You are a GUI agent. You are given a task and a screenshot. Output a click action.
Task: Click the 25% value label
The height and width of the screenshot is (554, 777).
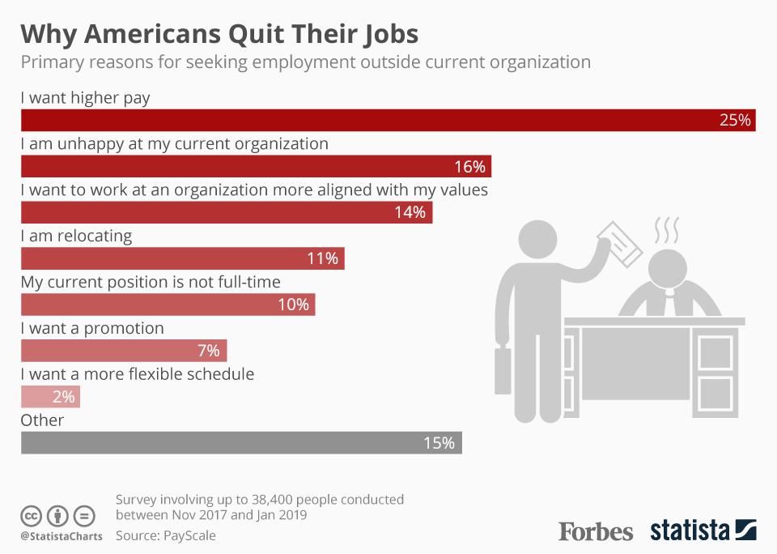click(x=736, y=121)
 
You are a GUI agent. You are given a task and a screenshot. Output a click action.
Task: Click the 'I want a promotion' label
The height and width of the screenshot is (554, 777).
click(x=92, y=328)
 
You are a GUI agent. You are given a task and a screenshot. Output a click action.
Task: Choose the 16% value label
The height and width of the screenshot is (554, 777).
click(x=469, y=167)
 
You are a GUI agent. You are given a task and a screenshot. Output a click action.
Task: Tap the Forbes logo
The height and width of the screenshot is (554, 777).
click(x=596, y=531)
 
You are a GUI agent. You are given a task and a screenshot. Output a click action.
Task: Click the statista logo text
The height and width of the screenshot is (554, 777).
click(x=690, y=531)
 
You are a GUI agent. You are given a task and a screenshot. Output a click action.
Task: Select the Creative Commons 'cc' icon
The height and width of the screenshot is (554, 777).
click(x=31, y=516)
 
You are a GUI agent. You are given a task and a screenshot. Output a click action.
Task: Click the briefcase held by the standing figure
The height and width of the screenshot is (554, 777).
click(x=503, y=370)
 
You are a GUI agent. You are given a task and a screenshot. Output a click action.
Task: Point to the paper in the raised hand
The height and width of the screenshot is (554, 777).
click(x=619, y=241)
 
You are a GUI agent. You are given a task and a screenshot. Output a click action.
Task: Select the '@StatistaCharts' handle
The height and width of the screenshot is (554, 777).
click(x=62, y=536)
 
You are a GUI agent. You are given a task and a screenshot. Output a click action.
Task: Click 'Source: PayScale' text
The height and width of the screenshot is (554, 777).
click(x=166, y=535)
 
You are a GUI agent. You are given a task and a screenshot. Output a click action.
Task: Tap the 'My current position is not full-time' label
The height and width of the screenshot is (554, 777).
click(x=151, y=282)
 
